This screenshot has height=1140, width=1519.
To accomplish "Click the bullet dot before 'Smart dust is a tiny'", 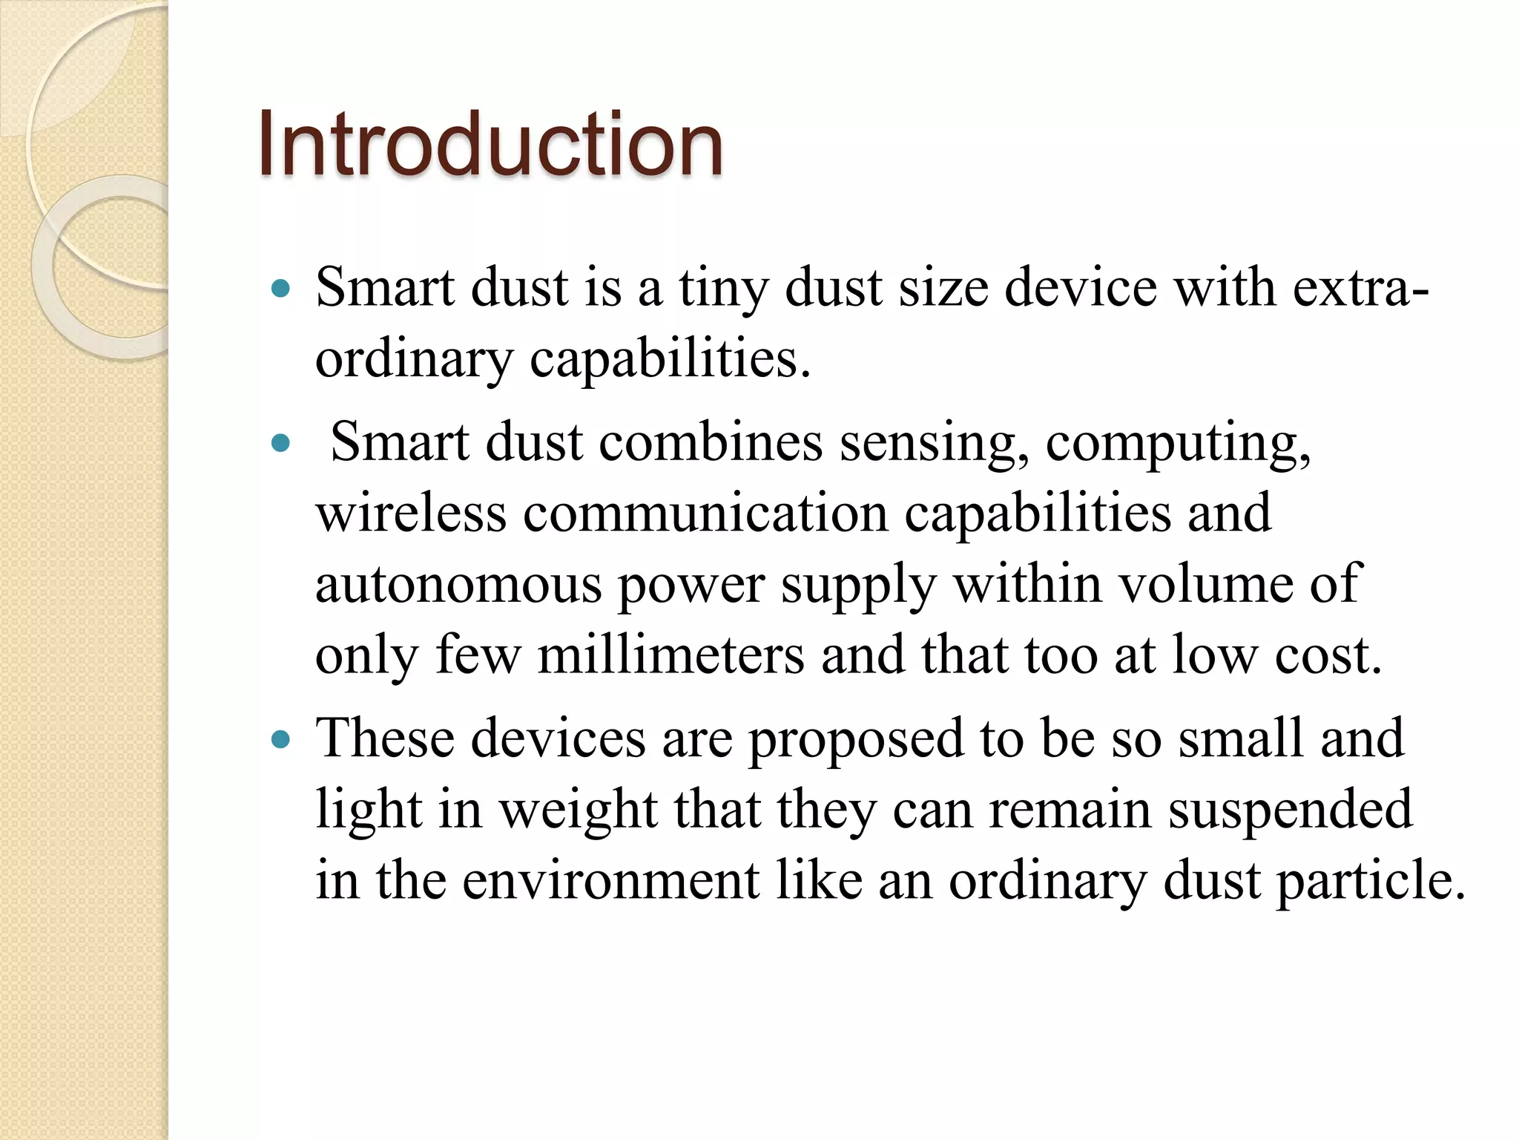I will [x=280, y=289].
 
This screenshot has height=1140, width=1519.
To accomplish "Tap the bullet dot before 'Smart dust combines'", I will [x=280, y=444].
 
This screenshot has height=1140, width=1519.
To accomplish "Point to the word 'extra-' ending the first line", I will [x=1361, y=288].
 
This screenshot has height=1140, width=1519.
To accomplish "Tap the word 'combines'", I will [x=711, y=442].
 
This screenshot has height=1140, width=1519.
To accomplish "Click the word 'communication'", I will [x=705, y=514].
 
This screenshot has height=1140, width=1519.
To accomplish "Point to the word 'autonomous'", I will [x=458, y=585].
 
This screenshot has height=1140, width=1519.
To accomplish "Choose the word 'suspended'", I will [x=1291, y=810].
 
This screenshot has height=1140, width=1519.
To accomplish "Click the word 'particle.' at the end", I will [x=1371, y=882].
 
